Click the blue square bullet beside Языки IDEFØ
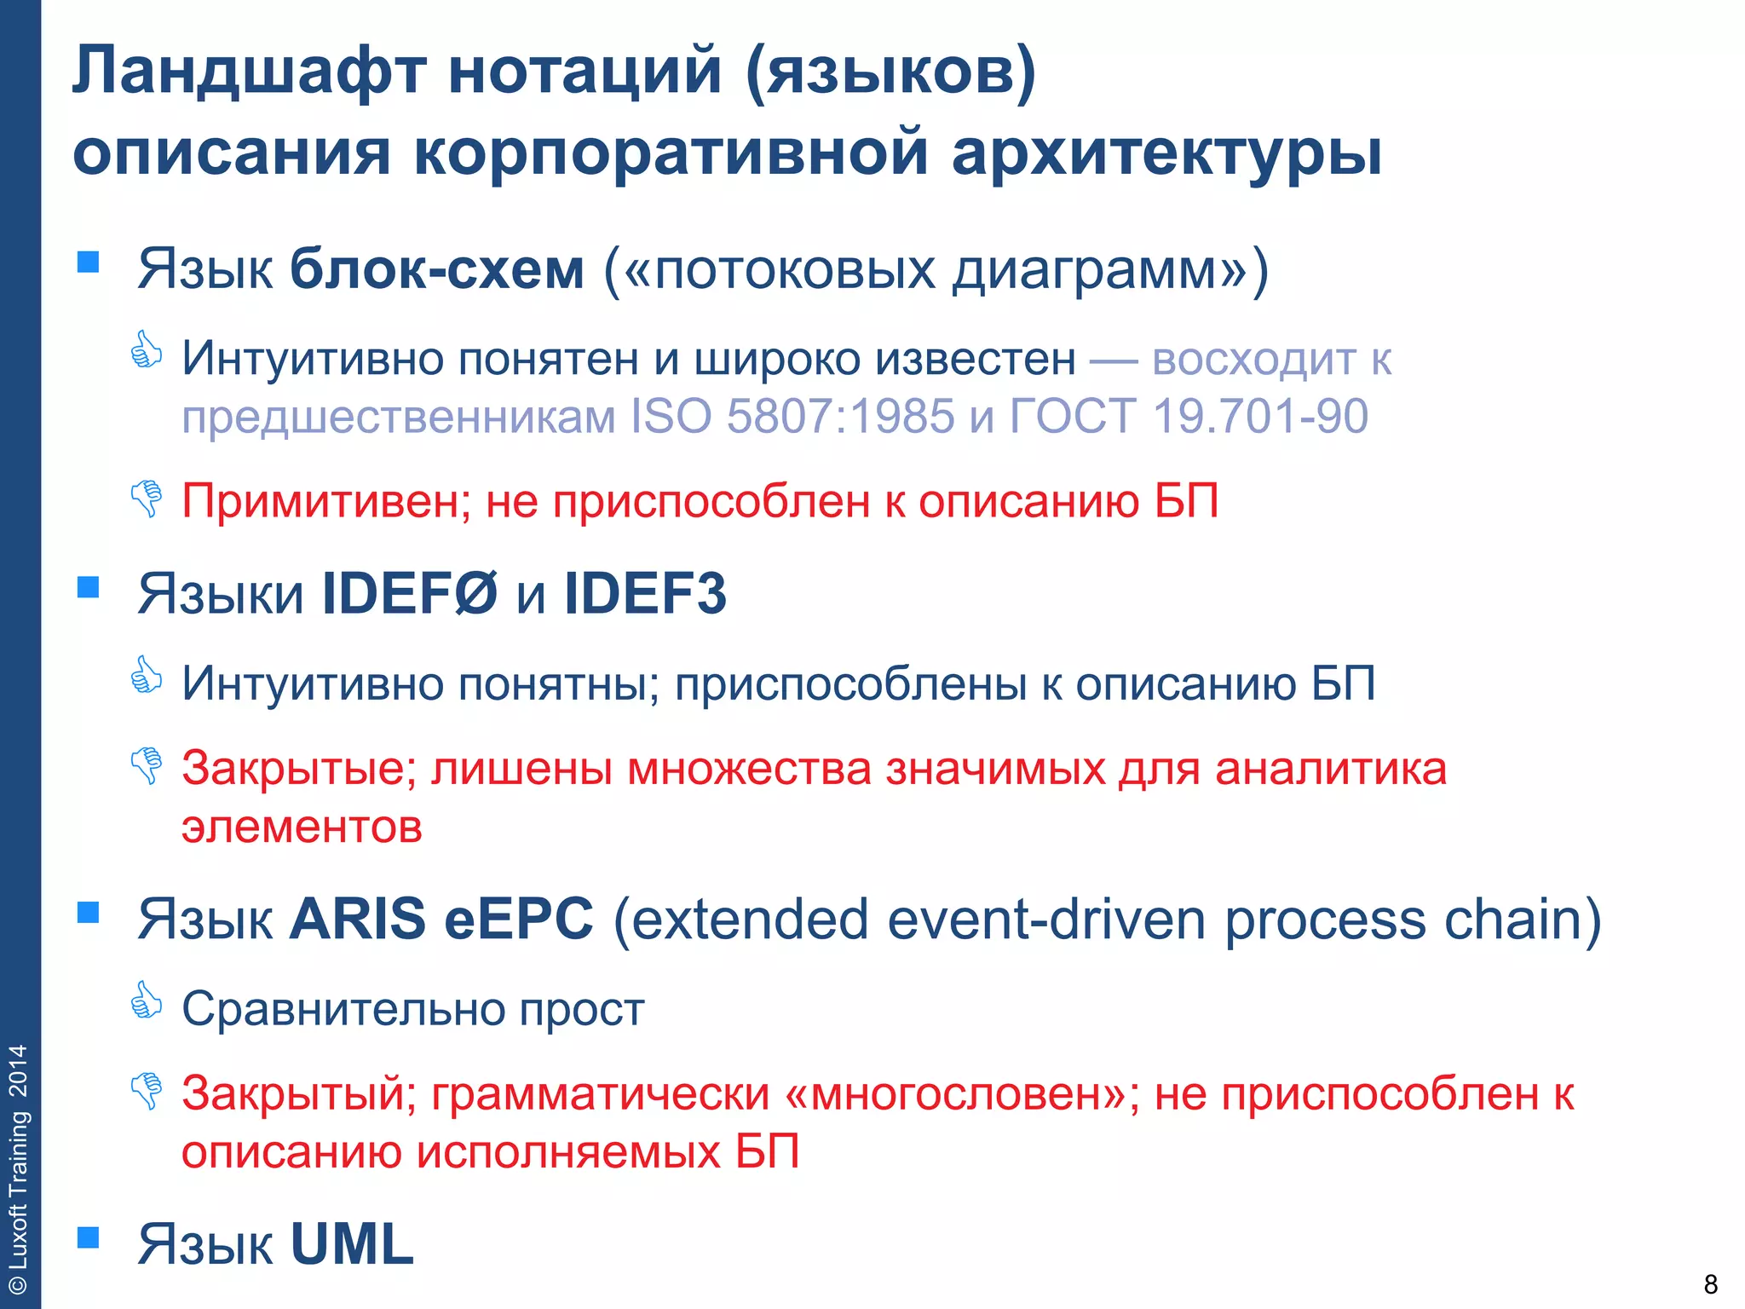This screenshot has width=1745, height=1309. (x=89, y=587)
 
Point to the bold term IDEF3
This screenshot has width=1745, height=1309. (x=645, y=594)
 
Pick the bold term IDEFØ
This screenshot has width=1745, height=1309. (x=409, y=594)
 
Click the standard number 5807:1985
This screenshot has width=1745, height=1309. (x=840, y=417)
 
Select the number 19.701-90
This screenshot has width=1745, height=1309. (x=1260, y=417)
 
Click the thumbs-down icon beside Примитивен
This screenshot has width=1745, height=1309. (x=147, y=498)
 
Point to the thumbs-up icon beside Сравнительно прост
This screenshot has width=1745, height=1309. (x=147, y=1000)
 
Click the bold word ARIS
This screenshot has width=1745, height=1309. (x=358, y=920)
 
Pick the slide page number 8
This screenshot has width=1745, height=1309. (x=1710, y=1283)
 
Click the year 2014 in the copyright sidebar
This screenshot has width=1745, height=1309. (x=19, y=1071)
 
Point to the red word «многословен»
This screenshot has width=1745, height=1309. (x=961, y=1094)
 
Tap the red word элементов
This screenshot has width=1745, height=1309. (x=302, y=827)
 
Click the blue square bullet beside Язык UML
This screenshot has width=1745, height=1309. (x=89, y=1237)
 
